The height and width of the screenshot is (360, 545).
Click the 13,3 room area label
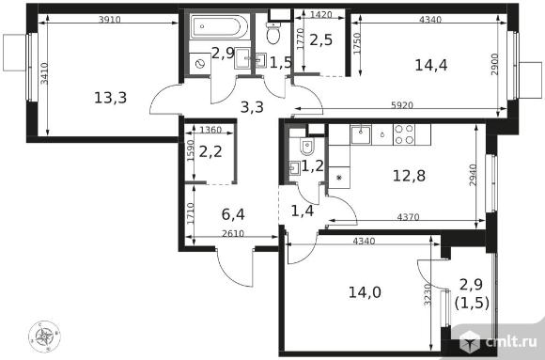coord(111,98)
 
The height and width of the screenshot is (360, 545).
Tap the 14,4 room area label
coord(431,65)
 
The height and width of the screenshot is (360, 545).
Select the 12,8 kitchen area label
coord(409,176)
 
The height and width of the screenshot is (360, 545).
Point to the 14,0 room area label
coord(365,292)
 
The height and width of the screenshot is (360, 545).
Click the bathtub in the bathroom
coord(219,26)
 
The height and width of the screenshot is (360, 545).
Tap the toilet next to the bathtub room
coord(273,33)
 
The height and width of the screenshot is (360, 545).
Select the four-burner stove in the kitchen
coord(404,134)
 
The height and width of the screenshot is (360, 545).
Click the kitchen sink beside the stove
coord(361,134)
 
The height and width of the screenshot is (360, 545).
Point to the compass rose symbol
coord(44,336)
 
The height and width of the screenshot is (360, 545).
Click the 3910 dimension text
coord(110,20)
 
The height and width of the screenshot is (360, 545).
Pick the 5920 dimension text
coord(402,105)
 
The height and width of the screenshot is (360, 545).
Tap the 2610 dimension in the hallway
coord(233,233)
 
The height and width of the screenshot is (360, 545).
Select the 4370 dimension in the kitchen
coord(408,217)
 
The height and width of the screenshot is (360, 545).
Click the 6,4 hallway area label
coord(233,214)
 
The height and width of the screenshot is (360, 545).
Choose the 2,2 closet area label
coord(210,151)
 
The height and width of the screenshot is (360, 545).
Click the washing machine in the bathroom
coord(200,64)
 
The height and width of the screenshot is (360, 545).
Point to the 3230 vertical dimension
coord(428,294)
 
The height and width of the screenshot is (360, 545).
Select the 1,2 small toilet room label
coord(312,166)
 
